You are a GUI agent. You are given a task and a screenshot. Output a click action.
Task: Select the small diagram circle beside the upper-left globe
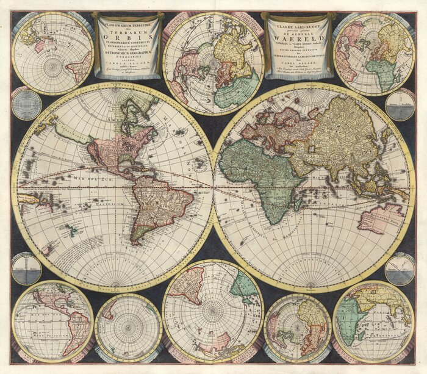tap(26, 104)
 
